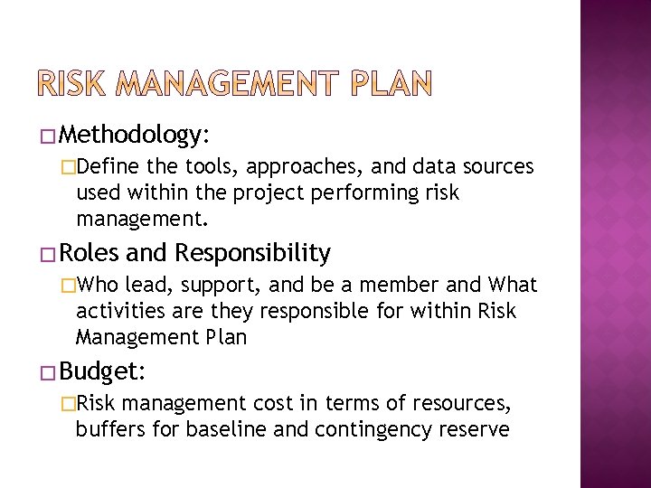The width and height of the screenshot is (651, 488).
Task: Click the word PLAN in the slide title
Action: coord(386,84)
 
